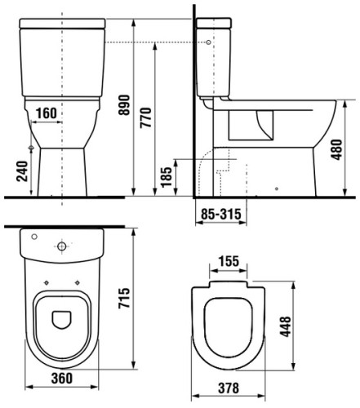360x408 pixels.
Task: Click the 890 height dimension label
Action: coord(124,105)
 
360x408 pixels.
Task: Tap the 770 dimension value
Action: coord(145,118)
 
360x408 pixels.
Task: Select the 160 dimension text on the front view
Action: coord(47,113)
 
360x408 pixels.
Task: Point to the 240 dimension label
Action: coord(22,171)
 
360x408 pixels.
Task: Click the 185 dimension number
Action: coord(167,177)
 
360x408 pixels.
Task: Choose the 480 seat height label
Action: coord(336,149)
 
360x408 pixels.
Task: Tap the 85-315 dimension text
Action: coord(221,214)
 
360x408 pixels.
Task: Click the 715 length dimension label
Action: coord(124,298)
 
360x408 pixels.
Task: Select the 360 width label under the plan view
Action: coord(62,378)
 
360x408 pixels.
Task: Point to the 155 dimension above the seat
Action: coord(229,261)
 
